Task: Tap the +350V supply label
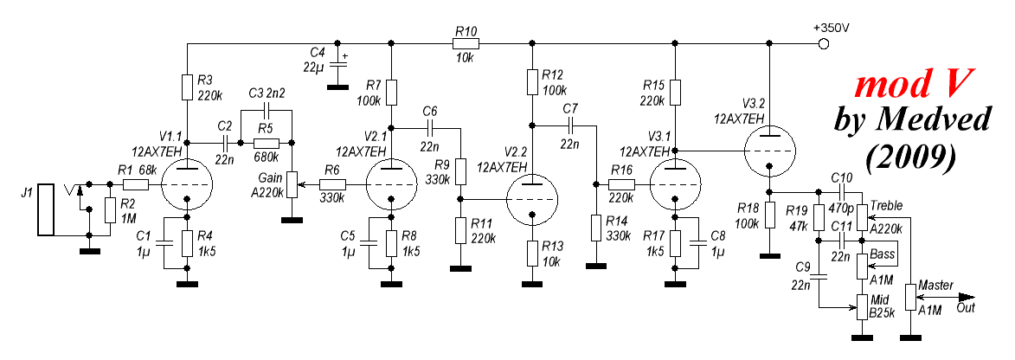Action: [x=832, y=28]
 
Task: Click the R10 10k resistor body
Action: [x=464, y=42]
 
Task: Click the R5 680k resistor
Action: [x=266, y=141]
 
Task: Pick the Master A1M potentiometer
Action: [x=910, y=297]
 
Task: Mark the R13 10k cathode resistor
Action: [x=531, y=254]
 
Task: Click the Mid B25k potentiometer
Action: [x=861, y=305]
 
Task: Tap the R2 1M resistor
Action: [x=110, y=210]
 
